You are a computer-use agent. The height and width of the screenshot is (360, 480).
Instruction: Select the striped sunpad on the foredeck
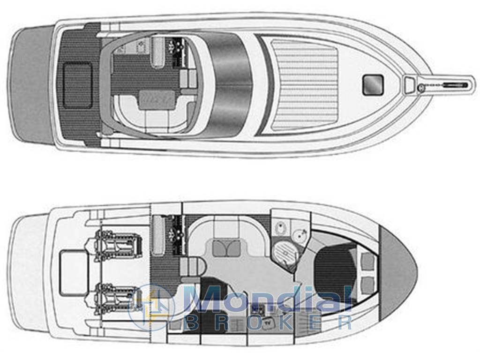pyautogui.click(x=304, y=84)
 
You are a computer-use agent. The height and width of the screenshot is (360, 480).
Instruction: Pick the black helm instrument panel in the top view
pyautogui.click(x=176, y=47)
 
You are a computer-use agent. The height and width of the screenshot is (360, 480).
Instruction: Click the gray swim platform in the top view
pyautogui.click(x=30, y=84)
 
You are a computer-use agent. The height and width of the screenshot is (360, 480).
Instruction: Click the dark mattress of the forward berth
pyautogui.click(x=335, y=272)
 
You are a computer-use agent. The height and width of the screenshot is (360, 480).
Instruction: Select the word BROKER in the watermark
pyautogui.click(x=269, y=322)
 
